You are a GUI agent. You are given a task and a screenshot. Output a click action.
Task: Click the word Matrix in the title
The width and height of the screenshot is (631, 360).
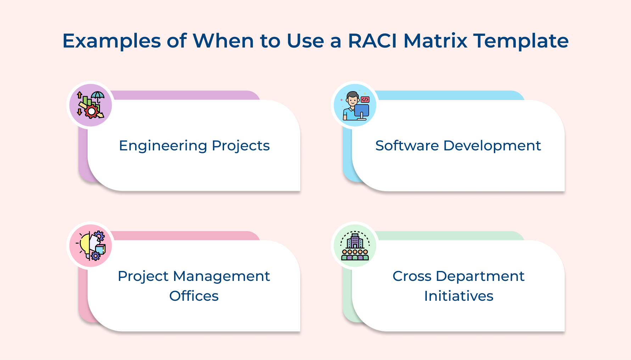click(435, 41)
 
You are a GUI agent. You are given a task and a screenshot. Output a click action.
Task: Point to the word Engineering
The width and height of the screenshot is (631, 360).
click(163, 146)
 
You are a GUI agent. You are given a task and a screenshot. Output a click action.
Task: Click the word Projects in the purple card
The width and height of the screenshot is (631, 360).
click(241, 146)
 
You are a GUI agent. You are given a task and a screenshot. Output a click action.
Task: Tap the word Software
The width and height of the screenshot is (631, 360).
click(407, 146)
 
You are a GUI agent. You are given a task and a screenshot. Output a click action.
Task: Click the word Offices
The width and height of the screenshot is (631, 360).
click(194, 296)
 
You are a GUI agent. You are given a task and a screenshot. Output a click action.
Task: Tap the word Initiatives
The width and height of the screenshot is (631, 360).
click(459, 296)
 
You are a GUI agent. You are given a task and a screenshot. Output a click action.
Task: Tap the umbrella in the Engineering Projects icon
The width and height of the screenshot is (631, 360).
click(98, 96)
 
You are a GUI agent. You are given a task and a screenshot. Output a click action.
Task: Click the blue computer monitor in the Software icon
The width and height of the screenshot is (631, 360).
click(362, 110)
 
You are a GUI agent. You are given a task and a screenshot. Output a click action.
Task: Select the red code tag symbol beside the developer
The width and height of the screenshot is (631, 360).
click(365, 100)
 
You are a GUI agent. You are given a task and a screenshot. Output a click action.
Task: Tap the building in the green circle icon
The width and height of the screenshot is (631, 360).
click(355, 241)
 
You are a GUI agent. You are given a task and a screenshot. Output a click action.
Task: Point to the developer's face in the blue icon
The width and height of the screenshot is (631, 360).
click(352, 100)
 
